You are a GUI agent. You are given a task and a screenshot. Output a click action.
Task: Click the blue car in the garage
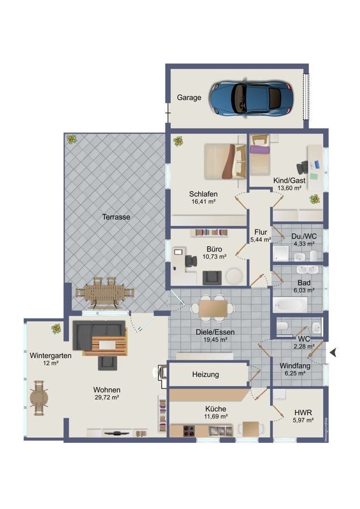(251, 97)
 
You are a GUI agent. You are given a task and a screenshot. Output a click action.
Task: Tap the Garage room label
(188, 97)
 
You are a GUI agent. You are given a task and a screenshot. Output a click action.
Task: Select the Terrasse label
(116, 217)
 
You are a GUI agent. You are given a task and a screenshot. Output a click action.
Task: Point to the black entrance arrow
(333, 352)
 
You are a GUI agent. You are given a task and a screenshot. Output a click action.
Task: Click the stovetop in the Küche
(188, 431)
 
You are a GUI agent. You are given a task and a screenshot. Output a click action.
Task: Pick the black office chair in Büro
(191, 261)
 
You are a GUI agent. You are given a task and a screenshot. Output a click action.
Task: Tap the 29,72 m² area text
(106, 398)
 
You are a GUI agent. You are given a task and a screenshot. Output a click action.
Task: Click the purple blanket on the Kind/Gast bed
(260, 150)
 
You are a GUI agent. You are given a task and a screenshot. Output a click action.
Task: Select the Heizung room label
(205, 374)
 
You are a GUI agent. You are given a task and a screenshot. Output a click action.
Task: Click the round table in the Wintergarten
(39, 398)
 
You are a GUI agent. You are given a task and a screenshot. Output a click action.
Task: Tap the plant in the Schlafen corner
(178, 141)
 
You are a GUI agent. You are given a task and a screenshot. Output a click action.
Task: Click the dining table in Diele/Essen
(213, 308)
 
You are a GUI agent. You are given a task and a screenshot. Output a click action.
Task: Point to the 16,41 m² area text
(203, 201)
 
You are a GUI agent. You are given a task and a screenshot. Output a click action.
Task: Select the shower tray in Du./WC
(281, 253)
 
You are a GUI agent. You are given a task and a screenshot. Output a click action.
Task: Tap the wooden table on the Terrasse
(105, 293)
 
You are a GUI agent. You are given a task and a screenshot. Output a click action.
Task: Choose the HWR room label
(303, 413)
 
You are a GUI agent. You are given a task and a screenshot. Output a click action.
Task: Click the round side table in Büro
(234, 276)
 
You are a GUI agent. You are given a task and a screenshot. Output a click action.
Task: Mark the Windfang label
(295, 366)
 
